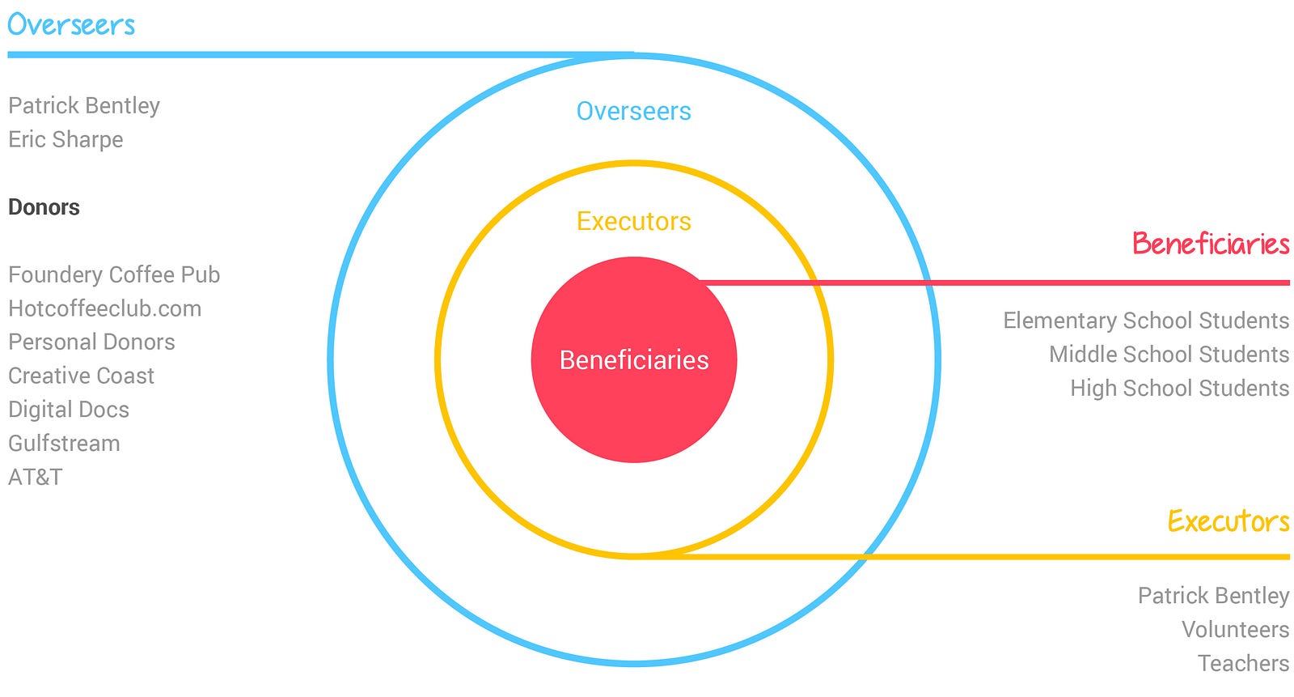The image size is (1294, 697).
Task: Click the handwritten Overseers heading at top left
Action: click(x=71, y=25)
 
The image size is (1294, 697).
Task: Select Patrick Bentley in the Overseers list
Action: click(x=84, y=106)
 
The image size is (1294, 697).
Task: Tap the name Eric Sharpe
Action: click(x=66, y=140)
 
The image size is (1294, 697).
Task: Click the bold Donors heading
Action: click(x=44, y=207)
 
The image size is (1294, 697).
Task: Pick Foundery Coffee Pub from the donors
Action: click(x=114, y=275)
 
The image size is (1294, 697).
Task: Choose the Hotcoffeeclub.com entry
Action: click(x=104, y=308)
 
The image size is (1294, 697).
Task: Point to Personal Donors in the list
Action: click(x=91, y=342)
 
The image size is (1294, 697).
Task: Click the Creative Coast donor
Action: click(x=81, y=376)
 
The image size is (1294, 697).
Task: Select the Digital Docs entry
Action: click(x=69, y=410)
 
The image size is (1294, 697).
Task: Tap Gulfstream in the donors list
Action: click(x=64, y=444)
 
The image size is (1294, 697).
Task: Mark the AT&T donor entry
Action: click(x=35, y=478)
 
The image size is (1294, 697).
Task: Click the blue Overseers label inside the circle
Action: click(x=633, y=111)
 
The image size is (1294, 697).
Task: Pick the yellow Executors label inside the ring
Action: click(x=633, y=221)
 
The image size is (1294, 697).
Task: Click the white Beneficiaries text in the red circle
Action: click(x=633, y=360)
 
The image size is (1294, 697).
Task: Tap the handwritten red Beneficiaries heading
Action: click(x=1210, y=244)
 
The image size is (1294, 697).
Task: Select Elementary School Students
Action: click(x=1145, y=321)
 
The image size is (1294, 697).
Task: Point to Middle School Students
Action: click(x=1169, y=355)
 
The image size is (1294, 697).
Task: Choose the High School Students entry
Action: click(x=1179, y=389)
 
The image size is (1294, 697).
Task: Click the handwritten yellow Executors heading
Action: click(x=1228, y=521)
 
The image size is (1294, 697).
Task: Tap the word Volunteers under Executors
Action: click(x=1235, y=630)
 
